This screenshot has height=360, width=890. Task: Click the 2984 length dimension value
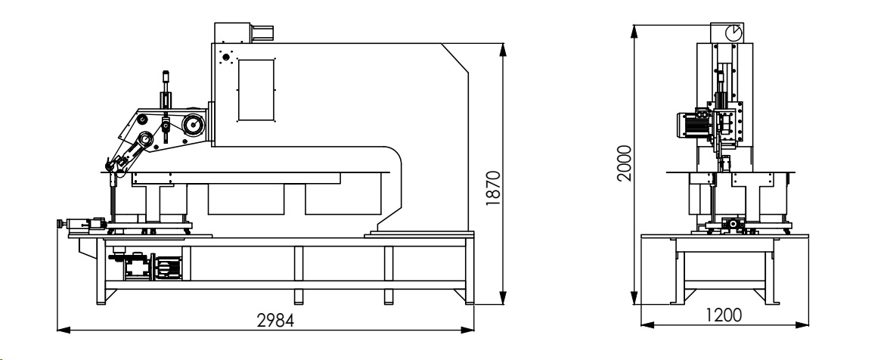(275, 320)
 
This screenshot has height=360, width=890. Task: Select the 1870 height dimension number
(494, 188)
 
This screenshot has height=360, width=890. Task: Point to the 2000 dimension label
(625, 163)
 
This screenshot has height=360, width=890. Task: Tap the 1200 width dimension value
(724, 315)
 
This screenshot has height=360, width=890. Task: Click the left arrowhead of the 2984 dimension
(63, 329)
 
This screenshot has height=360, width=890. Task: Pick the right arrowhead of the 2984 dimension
(468, 329)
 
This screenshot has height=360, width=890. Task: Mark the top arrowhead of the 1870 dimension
(503, 49)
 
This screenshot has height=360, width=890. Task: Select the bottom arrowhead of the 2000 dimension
(634, 298)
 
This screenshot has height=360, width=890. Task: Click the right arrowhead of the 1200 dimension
(802, 324)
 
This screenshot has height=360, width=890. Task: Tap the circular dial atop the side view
(733, 33)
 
